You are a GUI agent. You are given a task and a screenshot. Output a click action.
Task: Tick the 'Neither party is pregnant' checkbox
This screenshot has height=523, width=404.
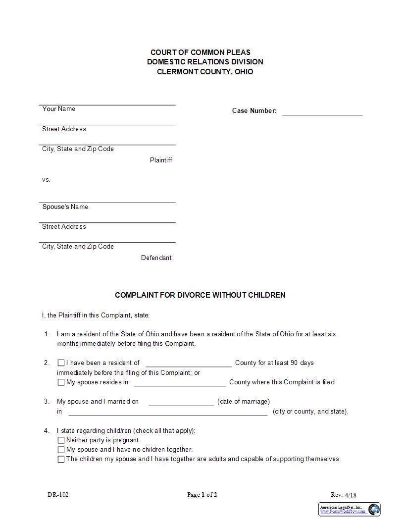[x=61, y=440]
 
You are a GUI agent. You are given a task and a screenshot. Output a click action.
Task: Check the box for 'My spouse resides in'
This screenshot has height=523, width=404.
[x=61, y=382]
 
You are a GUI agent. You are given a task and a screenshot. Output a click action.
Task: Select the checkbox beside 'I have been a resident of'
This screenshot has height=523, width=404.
[x=61, y=363]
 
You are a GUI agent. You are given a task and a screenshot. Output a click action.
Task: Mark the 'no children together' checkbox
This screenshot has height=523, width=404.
[x=61, y=450]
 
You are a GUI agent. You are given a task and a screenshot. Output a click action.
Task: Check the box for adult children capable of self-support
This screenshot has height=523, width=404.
[x=61, y=459]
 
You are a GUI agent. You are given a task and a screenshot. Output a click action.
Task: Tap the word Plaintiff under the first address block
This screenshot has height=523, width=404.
[x=161, y=160]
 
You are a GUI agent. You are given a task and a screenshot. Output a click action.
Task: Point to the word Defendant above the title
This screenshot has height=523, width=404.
[x=156, y=258]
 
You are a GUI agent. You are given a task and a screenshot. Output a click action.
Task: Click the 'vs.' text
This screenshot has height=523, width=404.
[x=46, y=180]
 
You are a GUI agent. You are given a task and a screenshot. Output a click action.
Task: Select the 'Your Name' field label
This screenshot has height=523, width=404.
[x=59, y=109]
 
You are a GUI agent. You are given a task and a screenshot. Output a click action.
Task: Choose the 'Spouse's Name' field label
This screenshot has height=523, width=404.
[x=65, y=207]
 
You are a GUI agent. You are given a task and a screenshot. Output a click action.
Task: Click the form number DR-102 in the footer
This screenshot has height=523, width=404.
[x=58, y=495]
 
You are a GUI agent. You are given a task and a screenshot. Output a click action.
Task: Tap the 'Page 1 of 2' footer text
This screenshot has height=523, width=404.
[x=202, y=495]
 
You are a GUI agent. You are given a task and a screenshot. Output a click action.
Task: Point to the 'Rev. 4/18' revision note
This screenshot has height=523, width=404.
[x=343, y=495]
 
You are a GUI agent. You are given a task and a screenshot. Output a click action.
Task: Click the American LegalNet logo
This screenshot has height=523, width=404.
[x=350, y=509]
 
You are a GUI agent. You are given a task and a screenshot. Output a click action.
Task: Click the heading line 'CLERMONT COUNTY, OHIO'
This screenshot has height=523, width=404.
[x=205, y=72]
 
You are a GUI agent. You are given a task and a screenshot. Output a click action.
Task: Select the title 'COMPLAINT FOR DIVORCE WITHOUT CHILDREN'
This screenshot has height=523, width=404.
[x=200, y=295]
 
